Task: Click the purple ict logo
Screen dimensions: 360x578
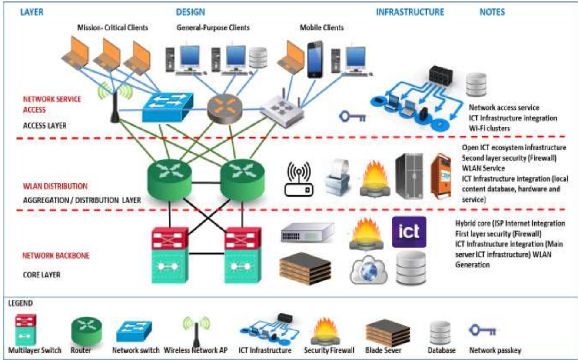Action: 409,232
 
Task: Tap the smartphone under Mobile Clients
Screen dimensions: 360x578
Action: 315,60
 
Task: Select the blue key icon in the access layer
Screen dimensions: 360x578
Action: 352,117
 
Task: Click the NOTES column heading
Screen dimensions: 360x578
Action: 492,12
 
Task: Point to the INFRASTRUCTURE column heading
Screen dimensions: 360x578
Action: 410,12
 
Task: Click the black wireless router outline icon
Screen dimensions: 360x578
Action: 299,180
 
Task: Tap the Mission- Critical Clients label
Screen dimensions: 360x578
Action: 113,28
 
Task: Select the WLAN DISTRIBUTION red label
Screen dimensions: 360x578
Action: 55,186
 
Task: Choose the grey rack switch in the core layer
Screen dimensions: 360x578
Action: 307,232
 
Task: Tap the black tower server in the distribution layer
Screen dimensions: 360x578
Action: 409,175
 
